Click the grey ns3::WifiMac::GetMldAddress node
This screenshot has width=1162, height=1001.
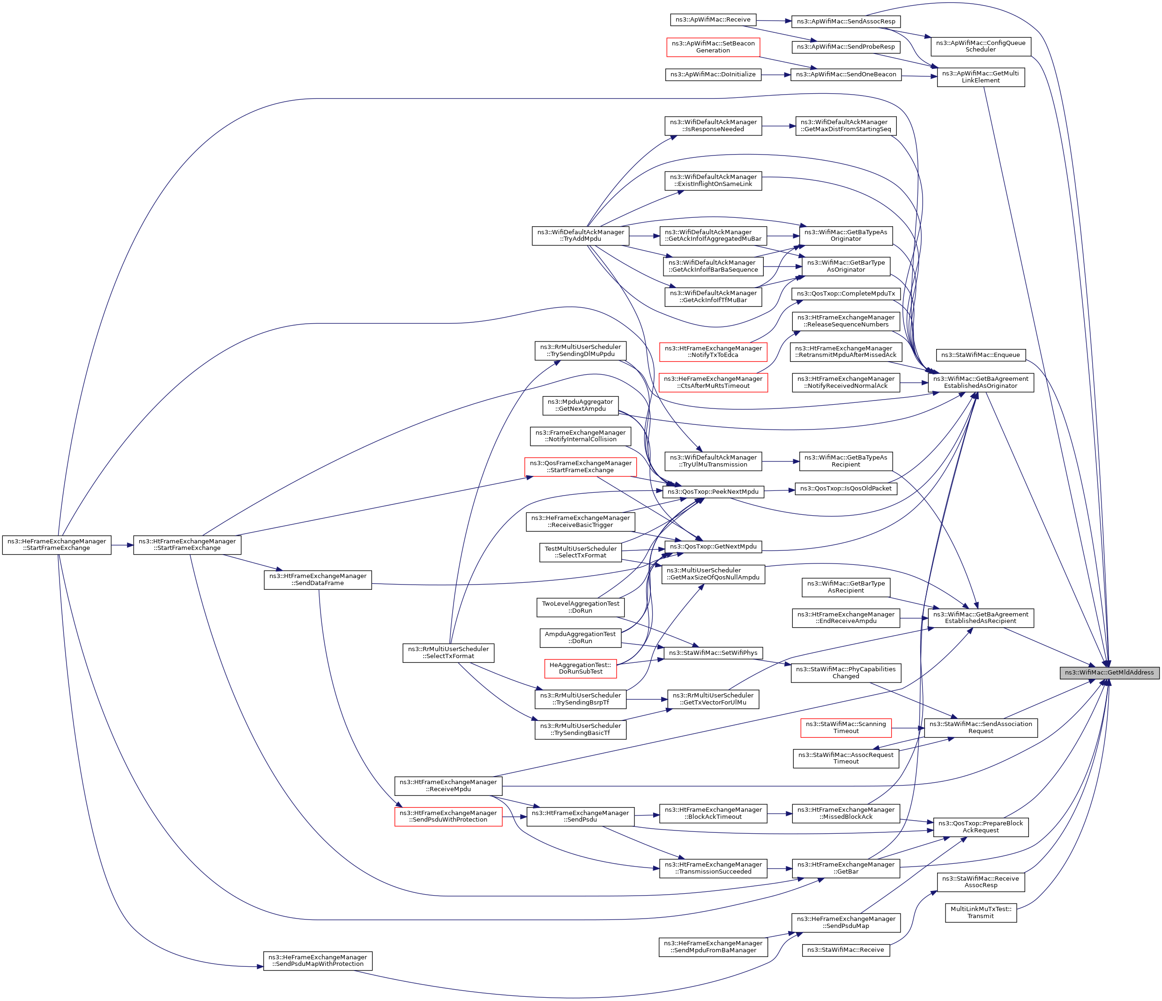pyautogui.click(x=1109, y=672)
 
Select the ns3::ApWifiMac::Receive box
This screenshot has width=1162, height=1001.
pyautogui.click(x=712, y=20)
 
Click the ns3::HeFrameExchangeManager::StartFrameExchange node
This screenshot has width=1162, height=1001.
pyautogui.click(x=57, y=544)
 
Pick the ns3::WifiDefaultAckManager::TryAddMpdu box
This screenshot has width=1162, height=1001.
pyautogui.click(x=580, y=236)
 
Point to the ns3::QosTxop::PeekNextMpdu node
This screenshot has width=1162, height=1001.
pyautogui.click(x=712, y=492)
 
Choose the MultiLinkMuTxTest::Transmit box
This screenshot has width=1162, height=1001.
pyautogui.click(x=980, y=912)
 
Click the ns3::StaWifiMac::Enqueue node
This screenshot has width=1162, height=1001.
pyautogui.click(x=980, y=355)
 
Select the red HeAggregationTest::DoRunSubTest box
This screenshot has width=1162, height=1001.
pyautogui.click(x=581, y=668)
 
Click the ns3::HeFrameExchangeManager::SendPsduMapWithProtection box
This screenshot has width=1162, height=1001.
pyautogui.click(x=317, y=961)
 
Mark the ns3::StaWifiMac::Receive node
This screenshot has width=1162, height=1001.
pyautogui.click(x=845, y=950)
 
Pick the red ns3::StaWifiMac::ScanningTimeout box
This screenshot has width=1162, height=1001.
pyautogui.click(x=845, y=727)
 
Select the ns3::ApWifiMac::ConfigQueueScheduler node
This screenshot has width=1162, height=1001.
pyautogui.click(x=980, y=46)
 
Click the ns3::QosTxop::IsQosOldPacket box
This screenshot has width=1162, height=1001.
pyautogui.click(x=845, y=489)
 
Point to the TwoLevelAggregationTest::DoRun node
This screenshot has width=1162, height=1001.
pyautogui.click(x=581, y=607)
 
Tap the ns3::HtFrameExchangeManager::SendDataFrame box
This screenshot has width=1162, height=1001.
pyautogui.click(x=317, y=579)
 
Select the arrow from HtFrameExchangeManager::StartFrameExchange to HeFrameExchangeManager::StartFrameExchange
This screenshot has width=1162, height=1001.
pyautogui.click(x=122, y=544)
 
